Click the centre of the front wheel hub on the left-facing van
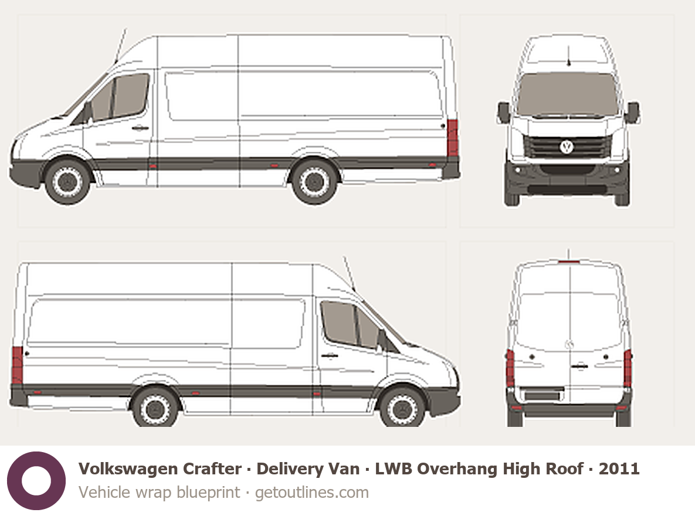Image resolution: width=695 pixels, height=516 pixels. [x=67, y=182]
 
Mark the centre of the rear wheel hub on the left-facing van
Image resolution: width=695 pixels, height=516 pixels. [x=314, y=182]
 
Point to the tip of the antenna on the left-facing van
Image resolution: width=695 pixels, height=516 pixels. [x=126, y=29]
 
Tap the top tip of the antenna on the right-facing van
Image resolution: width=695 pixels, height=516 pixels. [x=345, y=257]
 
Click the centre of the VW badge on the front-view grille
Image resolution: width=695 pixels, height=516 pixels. [x=567, y=146]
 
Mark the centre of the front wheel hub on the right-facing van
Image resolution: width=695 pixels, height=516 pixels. [x=402, y=409]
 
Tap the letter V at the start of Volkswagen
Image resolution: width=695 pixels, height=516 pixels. [x=84, y=469]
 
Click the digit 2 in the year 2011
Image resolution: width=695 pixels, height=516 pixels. [x=604, y=469]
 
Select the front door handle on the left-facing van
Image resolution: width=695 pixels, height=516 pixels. [x=140, y=128]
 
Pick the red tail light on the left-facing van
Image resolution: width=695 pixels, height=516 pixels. [x=453, y=138]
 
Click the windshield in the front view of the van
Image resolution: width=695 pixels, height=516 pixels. [x=568, y=94]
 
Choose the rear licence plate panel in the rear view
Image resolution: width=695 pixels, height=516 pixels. [x=542, y=395]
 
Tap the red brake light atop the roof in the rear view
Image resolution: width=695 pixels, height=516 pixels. [x=569, y=262]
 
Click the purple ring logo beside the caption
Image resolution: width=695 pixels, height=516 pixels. [x=36, y=481]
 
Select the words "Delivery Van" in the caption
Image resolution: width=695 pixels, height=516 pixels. [x=308, y=469]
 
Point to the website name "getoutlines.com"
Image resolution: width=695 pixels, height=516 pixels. [x=312, y=493]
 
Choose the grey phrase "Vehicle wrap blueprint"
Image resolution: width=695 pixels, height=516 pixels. [x=159, y=493]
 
